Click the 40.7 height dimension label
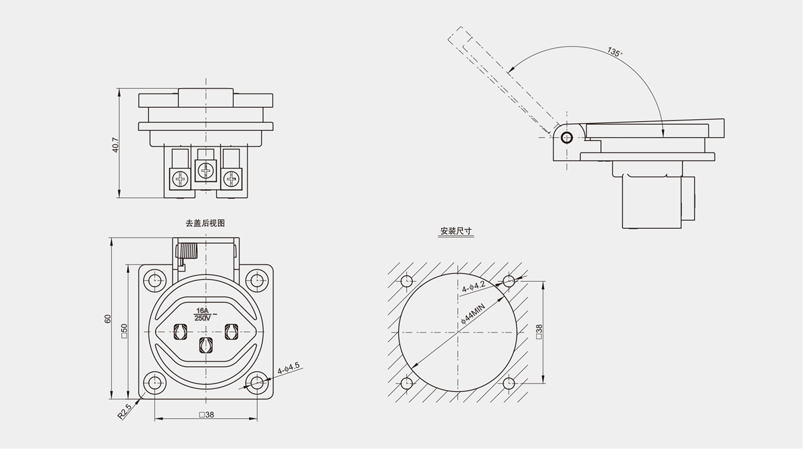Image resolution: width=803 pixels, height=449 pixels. [115, 145]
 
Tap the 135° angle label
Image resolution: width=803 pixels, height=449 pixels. [614, 52]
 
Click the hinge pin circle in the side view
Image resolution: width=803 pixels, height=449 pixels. [567, 138]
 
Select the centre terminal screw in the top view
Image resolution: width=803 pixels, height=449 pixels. [205, 170]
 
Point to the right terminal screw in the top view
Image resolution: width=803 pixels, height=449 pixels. [232, 179]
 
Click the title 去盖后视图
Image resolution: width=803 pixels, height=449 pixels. [205, 223]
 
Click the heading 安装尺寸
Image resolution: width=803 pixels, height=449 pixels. [456, 232]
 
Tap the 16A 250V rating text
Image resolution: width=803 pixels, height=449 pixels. [203, 314]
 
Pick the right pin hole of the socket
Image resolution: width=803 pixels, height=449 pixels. [232, 331]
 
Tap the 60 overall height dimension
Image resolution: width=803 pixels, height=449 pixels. [108, 319]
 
